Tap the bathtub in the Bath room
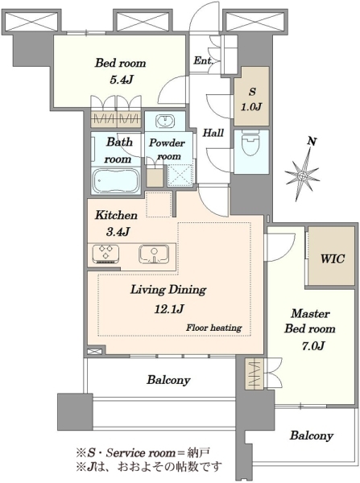(116, 180)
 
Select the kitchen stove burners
(106, 254)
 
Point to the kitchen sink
(154, 254)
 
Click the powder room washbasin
(165, 121)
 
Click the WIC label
(333, 258)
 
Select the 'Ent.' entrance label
(203, 60)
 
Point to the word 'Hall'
(213, 133)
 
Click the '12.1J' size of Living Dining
(169, 308)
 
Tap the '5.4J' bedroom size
(121, 80)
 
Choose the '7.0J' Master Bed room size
(312, 345)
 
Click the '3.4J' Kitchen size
(118, 231)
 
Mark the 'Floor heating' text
(213, 328)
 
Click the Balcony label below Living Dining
(168, 379)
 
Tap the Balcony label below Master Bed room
(312, 436)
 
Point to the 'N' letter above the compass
(312, 142)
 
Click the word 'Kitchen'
(116, 215)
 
